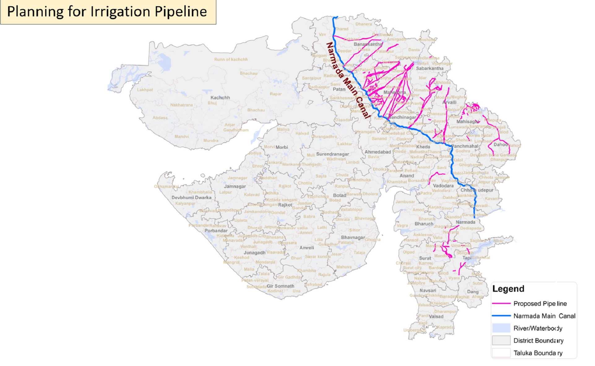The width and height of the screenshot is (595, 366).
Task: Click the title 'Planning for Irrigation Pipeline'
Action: [107, 11]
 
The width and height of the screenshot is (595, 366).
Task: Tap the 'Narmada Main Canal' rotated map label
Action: [348, 80]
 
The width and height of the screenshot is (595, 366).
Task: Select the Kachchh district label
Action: [220, 97]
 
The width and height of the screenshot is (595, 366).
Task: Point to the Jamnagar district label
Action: [235, 186]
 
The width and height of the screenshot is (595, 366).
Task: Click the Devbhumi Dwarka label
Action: [192, 197]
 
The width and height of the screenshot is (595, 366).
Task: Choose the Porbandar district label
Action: [216, 230]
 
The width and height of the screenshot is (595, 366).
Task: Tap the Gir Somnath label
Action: [280, 286]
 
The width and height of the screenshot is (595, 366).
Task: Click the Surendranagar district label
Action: [332, 154]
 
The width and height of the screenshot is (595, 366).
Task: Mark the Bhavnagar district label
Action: [353, 237]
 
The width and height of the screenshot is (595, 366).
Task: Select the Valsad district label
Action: [436, 316]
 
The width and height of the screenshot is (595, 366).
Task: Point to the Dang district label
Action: [473, 291]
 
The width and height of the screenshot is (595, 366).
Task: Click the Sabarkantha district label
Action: [429, 68]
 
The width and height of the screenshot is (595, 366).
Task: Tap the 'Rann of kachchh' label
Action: [231, 59]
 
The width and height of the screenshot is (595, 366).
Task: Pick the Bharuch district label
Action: [424, 224]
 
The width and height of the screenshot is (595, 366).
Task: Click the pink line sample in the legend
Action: [501, 304]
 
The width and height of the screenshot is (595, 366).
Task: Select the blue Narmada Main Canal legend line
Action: [501, 316]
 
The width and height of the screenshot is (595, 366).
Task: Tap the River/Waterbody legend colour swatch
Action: [501, 328]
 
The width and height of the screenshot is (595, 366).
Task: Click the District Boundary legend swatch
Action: [501, 341]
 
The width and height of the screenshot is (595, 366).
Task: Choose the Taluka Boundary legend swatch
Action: [501, 353]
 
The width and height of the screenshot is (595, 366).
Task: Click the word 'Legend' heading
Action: [508, 289]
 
